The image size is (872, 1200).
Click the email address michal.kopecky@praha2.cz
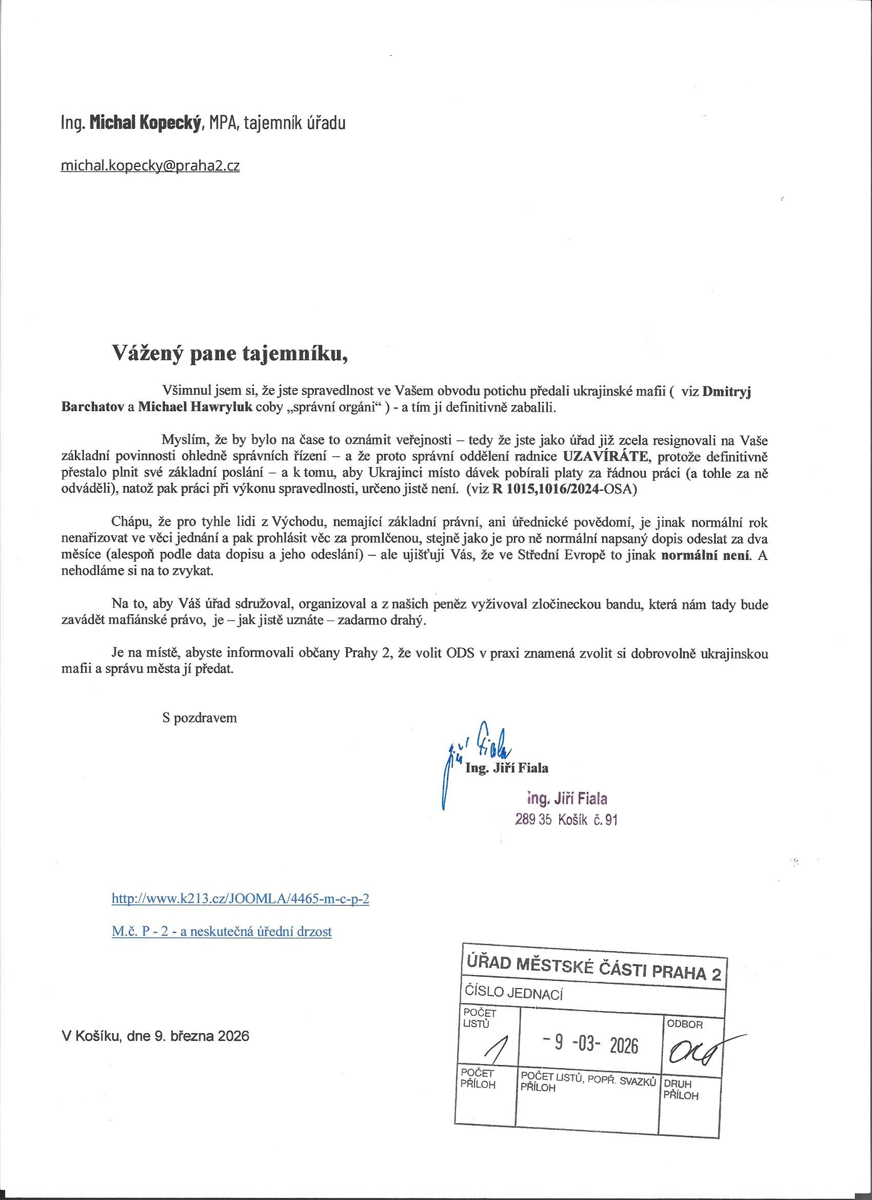150,166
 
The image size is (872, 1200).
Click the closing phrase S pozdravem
200,718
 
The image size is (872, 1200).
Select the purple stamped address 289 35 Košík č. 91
566,820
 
